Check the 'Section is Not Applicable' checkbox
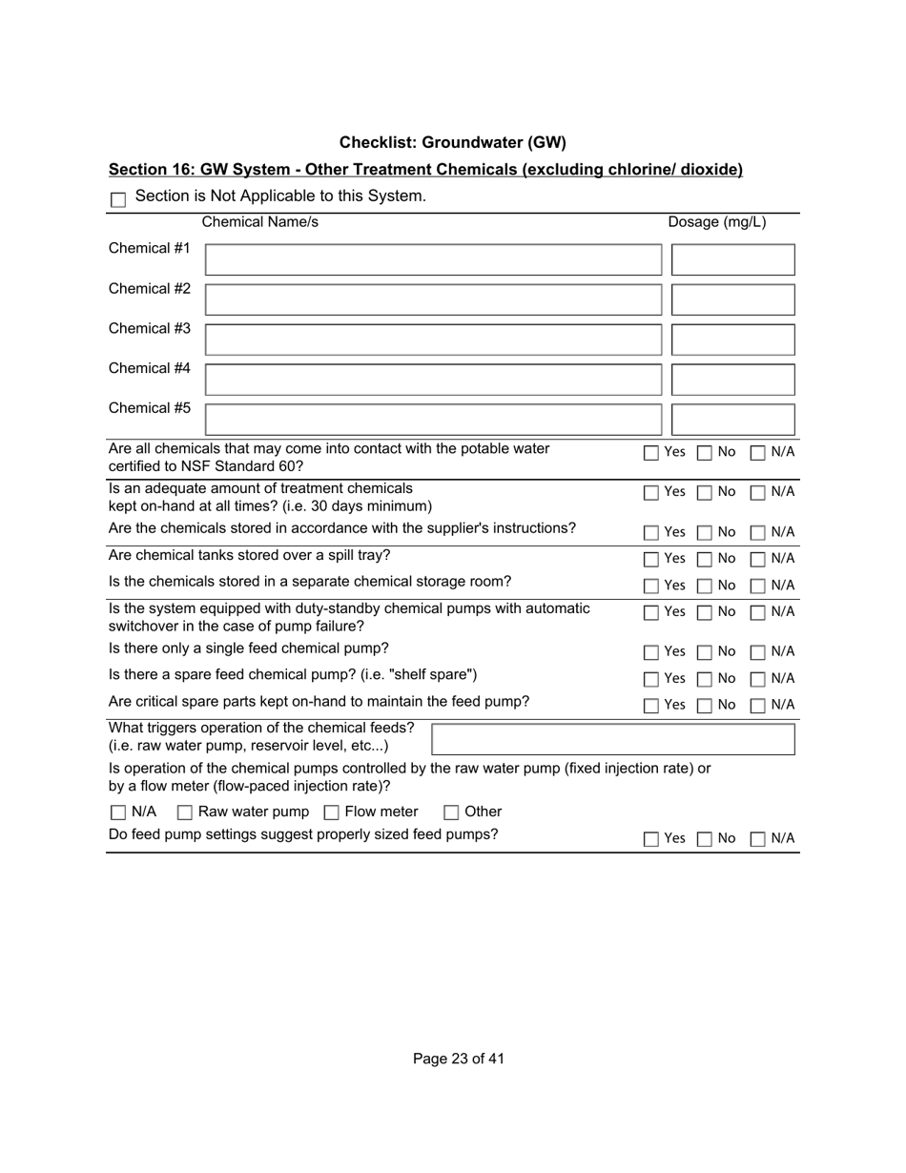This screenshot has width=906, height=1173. coord(118,199)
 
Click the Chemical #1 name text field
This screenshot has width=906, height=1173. coord(433,259)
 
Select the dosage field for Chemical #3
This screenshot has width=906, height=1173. coord(732,340)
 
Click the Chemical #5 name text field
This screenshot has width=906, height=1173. coord(433,420)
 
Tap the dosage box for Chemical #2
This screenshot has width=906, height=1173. coord(732,299)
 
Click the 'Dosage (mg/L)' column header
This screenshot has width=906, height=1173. coord(716,223)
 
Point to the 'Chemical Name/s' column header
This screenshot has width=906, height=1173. coord(260,223)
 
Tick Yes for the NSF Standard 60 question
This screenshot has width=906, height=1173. coord(651,453)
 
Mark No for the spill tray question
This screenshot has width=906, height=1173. coord(704,559)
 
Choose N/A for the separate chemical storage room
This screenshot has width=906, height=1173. coord(758,586)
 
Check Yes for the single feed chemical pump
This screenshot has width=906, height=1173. coord(651,652)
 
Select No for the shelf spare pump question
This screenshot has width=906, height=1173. coord(704,679)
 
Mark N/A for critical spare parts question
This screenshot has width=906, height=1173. coord(758,706)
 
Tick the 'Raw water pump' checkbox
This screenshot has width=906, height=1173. coord(185,813)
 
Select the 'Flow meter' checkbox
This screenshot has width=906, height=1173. coord(332,813)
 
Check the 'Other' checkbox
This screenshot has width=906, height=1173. coord(451,813)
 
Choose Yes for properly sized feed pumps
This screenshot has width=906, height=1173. coord(651,839)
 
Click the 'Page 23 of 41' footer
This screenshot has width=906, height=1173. coord(459,1059)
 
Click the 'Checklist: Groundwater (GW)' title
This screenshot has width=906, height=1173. coord(452,143)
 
